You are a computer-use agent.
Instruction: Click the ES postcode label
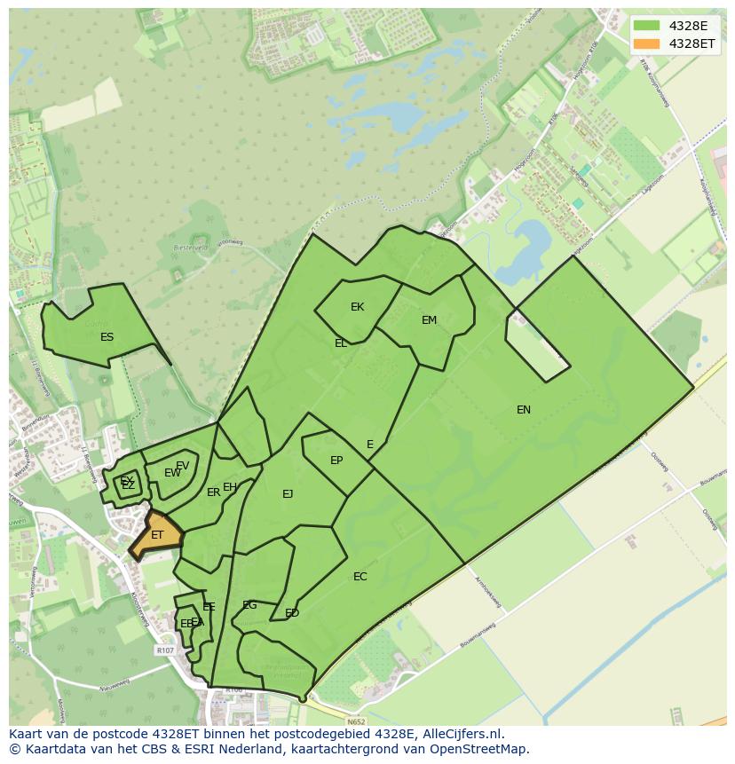click(x=107, y=337)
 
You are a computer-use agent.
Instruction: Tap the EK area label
click(x=357, y=307)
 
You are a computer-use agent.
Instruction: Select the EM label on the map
click(x=429, y=320)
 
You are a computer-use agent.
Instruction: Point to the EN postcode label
click(x=524, y=409)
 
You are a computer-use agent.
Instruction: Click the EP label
click(x=336, y=461)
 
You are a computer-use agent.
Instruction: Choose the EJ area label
click(x=288, y=494)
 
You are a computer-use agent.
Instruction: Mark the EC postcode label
click(x=360, y=577)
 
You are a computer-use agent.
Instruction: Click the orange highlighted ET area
click(x=157, y=535)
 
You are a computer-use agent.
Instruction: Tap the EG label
click(x=249, y=605)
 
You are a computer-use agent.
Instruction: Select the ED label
click(x=292, y=613)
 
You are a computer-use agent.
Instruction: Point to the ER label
click(x=213, y=492)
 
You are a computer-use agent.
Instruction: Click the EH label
click(x=230, y=487)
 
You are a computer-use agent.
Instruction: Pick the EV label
click(x=182, y=466)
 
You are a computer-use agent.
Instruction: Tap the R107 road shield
click(x=165, y=650)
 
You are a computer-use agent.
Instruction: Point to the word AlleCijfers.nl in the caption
click(x=461, y=734)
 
